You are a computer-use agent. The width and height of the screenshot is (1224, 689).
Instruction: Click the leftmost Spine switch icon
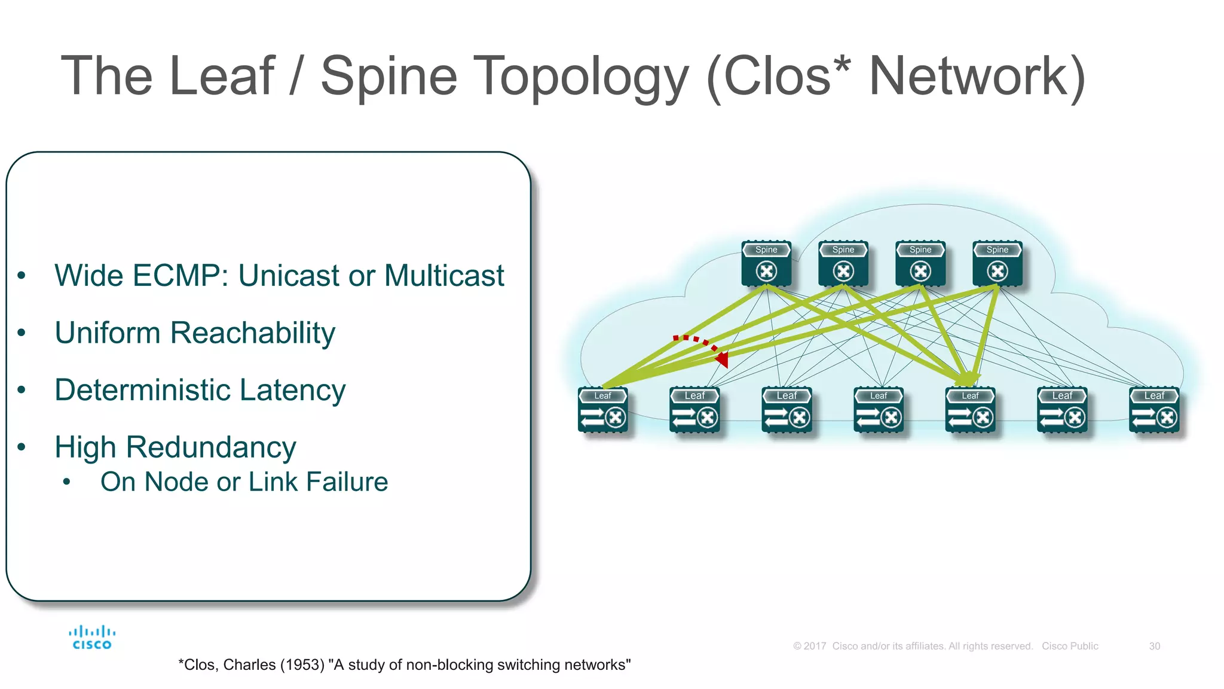coord(766,264)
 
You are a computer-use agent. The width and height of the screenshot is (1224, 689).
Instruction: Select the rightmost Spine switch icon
coord(997,264)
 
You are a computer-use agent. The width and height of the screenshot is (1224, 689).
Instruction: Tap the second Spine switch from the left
coord(843,264)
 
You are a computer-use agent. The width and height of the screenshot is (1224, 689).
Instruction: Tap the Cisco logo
coord(91,638)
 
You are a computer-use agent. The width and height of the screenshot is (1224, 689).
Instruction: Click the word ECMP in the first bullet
coord(179,276)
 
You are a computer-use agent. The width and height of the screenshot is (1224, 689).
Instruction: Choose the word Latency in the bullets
coord(292,390)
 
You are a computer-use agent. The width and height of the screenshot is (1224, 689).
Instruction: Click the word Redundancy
coord(210,447)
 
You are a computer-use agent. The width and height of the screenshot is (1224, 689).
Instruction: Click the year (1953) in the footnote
coord(302,665)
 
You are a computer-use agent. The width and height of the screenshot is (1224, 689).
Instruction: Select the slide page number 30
coord(1154,647)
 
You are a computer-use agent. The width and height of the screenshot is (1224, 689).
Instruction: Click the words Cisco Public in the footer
coord(1070,647)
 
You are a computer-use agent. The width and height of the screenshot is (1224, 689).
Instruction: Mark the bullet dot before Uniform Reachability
coord(22,333)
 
